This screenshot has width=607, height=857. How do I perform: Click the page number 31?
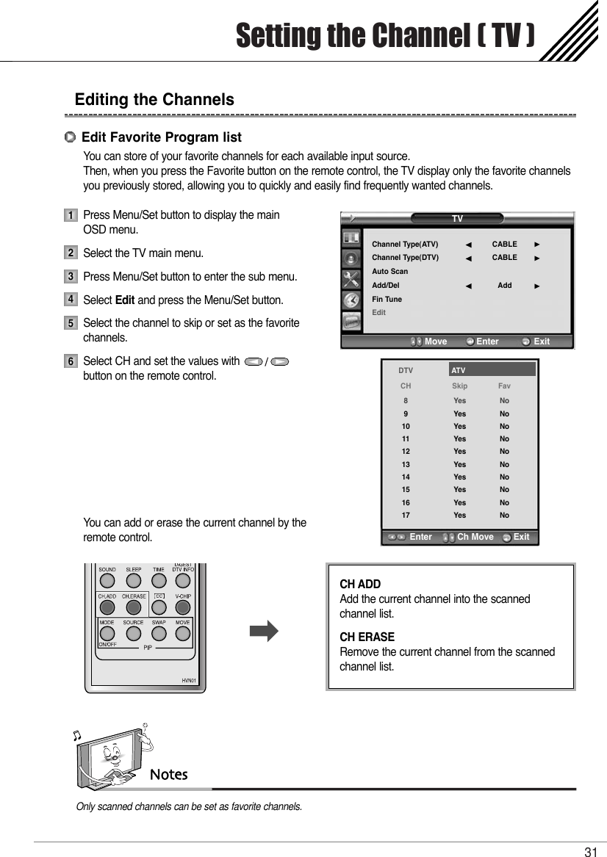tap(590, 852)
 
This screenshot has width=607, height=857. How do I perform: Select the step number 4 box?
tap(70, 300)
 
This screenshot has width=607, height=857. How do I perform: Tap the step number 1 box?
tap(70, 216)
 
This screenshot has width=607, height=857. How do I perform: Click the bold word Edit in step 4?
tap(125, 300)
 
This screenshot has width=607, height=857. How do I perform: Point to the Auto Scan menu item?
tap(389, 272)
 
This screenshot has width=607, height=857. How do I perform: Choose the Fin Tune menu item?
tap(387, 299)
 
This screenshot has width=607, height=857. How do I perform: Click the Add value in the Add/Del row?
tap(504, 285)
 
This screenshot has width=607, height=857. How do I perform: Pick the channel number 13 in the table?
tap(406, 464)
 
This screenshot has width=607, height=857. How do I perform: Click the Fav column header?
tap(504, 386)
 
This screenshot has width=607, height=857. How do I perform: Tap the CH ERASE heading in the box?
tap(367, 637)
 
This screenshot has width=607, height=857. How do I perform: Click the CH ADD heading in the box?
tap(360, 585)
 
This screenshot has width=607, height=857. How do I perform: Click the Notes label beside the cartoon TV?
tap(169, 775)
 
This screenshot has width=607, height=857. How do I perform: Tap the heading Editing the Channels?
tap(154, 99)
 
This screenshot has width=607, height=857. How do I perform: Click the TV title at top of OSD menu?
tap(457, 219)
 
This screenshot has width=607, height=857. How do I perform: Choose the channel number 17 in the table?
tap(406, 515)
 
